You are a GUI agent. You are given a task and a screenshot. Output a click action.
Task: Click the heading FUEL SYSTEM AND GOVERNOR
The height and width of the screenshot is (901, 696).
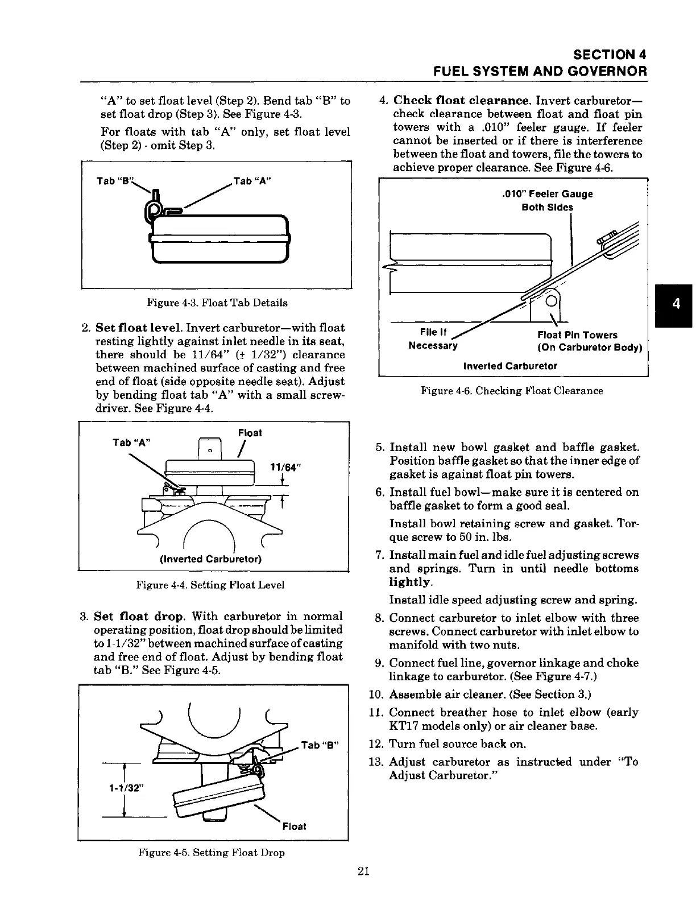(540, 72)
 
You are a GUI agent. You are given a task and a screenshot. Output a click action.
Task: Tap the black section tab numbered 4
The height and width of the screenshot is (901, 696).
(676, 304)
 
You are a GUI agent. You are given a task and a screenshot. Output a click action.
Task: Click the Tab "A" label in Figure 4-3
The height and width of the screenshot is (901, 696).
(252, 181)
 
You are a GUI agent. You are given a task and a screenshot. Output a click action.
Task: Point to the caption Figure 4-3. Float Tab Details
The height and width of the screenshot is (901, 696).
(217, 303)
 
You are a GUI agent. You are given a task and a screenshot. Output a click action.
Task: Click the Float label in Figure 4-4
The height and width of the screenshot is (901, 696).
(250, 433)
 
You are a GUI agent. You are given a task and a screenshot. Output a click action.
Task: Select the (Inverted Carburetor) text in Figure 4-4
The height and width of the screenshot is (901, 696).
(212, 559)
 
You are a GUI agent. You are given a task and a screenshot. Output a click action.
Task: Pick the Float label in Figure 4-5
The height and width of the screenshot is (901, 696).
(294, 826)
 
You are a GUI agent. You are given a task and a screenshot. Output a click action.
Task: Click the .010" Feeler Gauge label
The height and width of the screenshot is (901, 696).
(548, 194)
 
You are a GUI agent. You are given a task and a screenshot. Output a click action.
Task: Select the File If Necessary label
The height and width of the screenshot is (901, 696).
(433, 339)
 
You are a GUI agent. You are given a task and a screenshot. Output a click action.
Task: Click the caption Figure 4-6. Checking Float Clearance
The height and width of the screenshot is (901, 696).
(512, 391)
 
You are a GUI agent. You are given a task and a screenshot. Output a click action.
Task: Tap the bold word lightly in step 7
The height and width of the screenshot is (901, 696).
(410, 582)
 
